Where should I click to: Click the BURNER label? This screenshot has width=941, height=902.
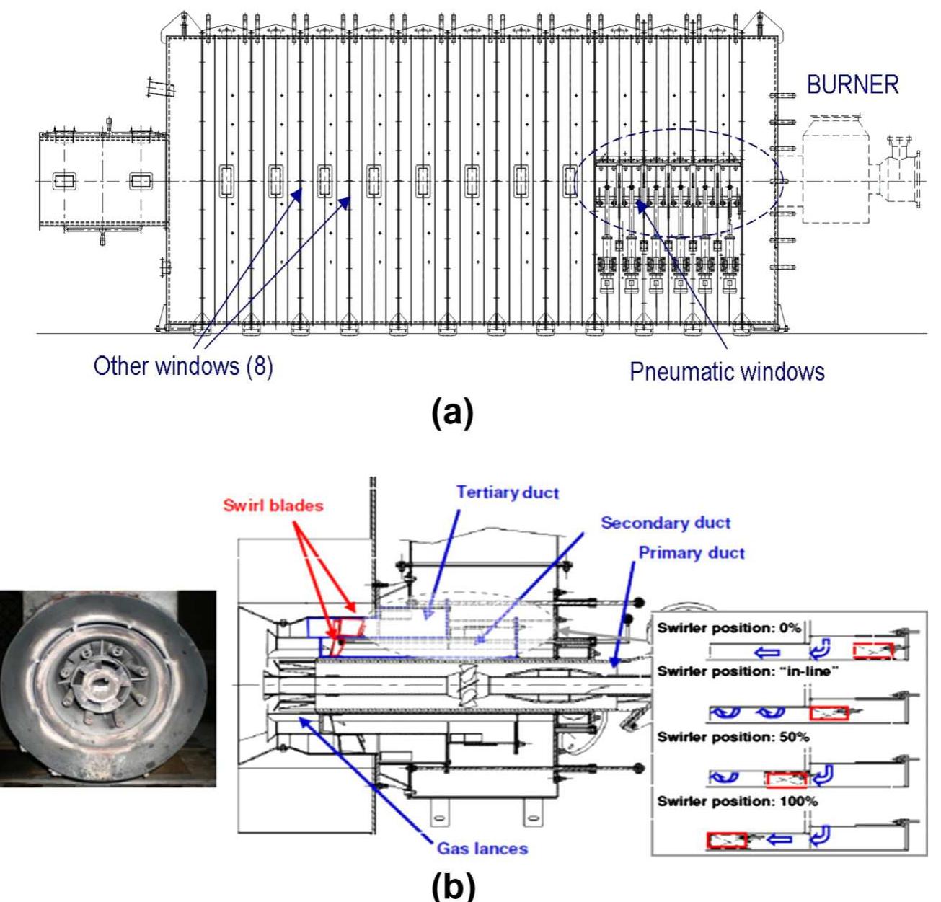(853, 84)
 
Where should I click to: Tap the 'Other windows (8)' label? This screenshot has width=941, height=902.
(183, 366)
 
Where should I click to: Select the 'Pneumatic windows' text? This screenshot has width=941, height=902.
(727, 371)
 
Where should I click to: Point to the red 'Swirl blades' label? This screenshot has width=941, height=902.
(273, 505)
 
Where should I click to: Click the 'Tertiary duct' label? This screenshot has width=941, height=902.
(507, 493)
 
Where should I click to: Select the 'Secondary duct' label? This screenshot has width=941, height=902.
(666, 523)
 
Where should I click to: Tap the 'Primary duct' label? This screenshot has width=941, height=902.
(692, 553)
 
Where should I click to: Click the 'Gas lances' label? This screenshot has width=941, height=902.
(482, 848)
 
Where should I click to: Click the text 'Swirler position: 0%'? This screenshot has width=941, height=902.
(729, 627)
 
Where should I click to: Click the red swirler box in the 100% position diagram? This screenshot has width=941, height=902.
(726, 840)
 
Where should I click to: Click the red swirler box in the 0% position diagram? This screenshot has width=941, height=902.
(873, 651)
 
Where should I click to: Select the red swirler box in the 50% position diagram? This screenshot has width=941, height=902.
(786, 779)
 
